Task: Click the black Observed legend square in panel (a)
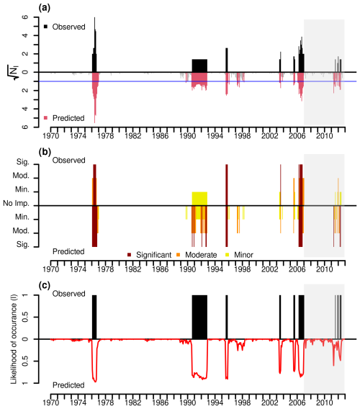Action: click(x=46, y=27)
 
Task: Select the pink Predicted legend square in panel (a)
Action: click(x=46, y=117)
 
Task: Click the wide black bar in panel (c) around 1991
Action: click(x=199, y=317)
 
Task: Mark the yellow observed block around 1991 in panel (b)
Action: click(x=199, y=199)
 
